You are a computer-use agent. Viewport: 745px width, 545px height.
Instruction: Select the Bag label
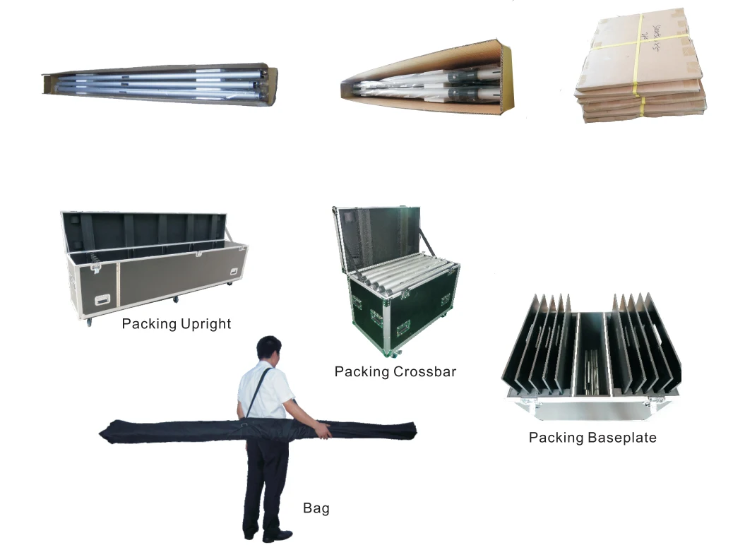tap(316, 508)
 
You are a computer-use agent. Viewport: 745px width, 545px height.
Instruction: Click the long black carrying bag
tap(177, 429)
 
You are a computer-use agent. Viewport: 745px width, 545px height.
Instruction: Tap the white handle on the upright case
tap(103, 299)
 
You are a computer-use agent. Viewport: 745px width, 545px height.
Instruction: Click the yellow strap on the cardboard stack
tap(642, 106)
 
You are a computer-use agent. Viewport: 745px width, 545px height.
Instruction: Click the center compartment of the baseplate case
tap(592, 353)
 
